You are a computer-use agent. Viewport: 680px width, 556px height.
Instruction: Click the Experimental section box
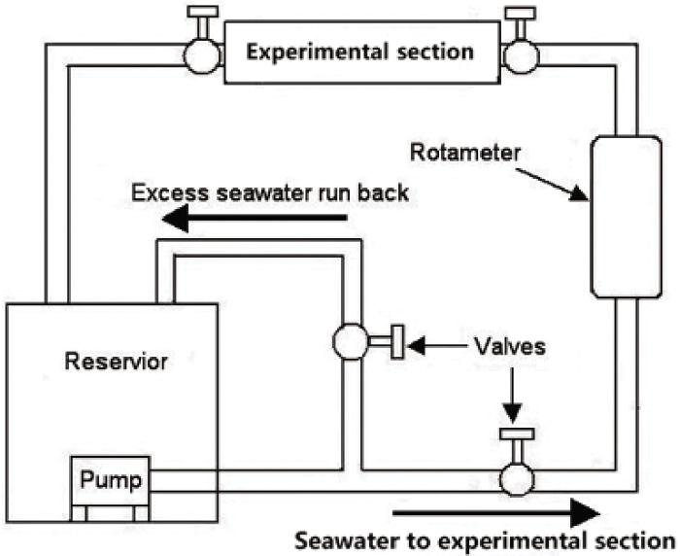(x=358, y=51)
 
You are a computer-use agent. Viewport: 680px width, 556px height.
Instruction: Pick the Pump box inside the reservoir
(x=111, y=479)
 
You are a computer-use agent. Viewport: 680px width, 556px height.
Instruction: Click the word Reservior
(x=117, y=363)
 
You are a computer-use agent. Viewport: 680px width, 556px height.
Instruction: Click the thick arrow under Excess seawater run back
(x=255, y=223)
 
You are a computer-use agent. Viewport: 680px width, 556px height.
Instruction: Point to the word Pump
(x=111, y=479)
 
